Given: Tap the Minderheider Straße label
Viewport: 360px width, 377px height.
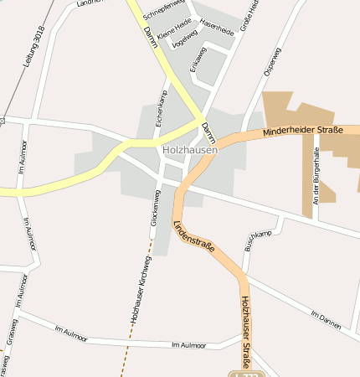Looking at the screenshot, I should click(302, 132).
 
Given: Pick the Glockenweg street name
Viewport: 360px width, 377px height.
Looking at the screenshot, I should click(156, 211).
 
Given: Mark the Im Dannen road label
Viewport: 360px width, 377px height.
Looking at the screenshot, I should click(326, 319).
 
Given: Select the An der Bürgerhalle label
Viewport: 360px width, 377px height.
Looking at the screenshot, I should click(316, 177).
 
